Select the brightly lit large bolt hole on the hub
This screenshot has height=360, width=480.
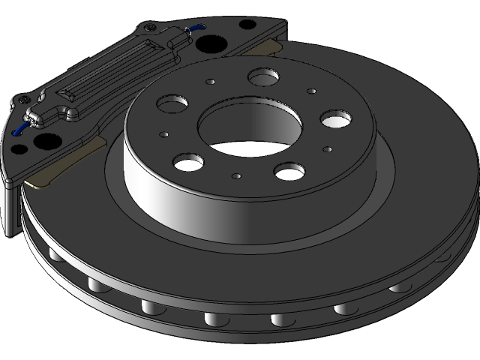pos(335,119)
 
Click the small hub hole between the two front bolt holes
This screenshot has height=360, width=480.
pos(237,176)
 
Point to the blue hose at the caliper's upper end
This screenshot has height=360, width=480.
pos(199,26)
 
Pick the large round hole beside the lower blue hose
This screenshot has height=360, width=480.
pos(44,139)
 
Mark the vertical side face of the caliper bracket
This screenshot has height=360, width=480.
pos(7,210)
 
